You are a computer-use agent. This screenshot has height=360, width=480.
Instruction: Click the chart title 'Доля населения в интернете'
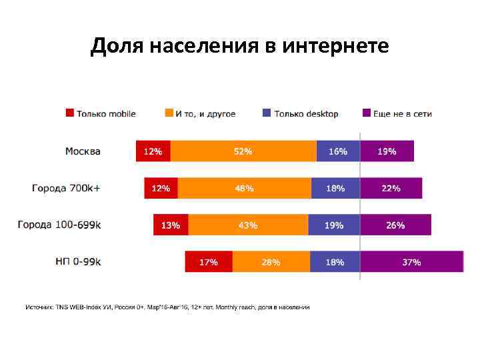pos(239,46)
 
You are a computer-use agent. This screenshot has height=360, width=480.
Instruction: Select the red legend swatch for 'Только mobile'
pos(69,113)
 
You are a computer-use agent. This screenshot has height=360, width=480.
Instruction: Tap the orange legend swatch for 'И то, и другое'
pos(169,113)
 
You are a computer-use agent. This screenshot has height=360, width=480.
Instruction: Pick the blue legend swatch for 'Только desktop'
pos(267,113)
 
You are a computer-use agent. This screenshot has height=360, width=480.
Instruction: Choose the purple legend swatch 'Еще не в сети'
pos(366,113)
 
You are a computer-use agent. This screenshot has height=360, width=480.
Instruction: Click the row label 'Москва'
pos(83,151)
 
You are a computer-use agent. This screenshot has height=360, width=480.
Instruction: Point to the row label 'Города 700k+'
pos(67,188)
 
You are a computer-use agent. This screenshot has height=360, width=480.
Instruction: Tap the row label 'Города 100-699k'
pos(59,225)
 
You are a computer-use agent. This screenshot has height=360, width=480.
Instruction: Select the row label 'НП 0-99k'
pos(78,261)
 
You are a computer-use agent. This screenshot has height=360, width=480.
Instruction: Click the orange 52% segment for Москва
pos(243,151)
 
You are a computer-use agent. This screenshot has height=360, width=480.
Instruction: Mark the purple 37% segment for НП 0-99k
pos(411,261)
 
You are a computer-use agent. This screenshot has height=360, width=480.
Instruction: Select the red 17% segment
pos(209,261)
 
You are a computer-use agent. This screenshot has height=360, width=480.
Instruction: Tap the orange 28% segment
pos(271,261)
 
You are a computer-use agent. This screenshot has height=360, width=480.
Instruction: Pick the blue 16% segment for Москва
pos(338,151)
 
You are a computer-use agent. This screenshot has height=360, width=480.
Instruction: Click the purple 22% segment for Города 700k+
pos(391,188)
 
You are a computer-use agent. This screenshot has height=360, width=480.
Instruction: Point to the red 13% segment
pos(171,225)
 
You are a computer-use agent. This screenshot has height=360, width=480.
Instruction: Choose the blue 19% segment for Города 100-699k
pos(334,225)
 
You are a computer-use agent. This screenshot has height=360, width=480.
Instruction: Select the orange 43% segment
pos(248,225)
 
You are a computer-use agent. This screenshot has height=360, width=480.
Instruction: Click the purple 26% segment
pos(395,225)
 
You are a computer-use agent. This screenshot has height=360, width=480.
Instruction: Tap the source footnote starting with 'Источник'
pos(167,307)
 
